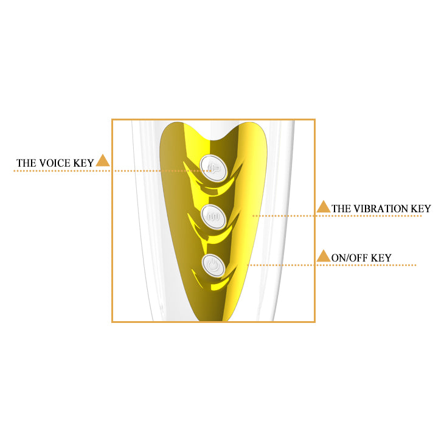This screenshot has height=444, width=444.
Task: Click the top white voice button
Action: pos(213,168)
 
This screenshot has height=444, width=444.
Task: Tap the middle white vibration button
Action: pos(214,217)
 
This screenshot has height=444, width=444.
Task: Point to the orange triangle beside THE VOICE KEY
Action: pos(103,161)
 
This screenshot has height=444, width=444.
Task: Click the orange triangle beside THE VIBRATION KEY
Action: pos(324,207)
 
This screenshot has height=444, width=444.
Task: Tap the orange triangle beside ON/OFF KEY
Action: pos(324,255)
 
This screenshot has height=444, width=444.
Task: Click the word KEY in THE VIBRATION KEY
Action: pos(421,209)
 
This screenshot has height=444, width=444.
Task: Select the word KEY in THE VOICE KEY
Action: pos(83,163)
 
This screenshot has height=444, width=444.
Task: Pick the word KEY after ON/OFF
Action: pos(381,258)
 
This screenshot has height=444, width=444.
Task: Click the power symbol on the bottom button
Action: pos(213,266)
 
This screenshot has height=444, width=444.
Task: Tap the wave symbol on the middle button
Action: pos(213,217)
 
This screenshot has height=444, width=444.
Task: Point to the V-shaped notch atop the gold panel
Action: pos(218,138)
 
